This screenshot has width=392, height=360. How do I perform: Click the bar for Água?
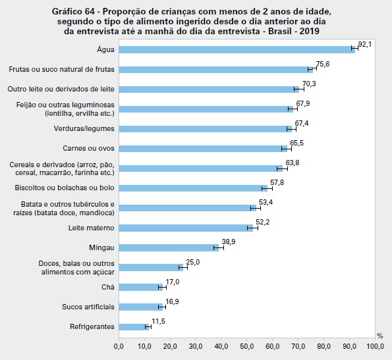(237, 49)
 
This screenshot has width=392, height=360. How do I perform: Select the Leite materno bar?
(186, 228)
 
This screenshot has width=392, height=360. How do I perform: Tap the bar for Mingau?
(169, 247)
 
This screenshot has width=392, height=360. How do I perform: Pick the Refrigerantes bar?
(134, 327)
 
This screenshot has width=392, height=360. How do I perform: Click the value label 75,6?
(323, 64)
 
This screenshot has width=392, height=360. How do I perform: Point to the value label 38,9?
(229, 242)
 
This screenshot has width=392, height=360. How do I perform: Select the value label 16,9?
(172, 301)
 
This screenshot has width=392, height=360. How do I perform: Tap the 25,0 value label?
(193, 262)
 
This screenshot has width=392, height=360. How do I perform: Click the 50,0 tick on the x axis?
(247, 347)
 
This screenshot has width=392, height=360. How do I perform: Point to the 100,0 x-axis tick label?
(375, 347)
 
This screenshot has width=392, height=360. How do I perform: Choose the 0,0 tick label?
(119, 347)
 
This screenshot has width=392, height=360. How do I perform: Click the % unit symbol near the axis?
(380, 336)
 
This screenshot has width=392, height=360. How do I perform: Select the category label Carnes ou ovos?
(88, 148)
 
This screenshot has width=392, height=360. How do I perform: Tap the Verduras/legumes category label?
(84, 128)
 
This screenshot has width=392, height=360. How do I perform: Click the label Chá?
(108, 287)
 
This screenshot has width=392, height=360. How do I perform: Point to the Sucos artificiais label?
(88, 307)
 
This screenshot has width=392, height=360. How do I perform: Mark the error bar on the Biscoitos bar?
(267, 188)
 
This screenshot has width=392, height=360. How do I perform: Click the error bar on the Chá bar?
(162, 287)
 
